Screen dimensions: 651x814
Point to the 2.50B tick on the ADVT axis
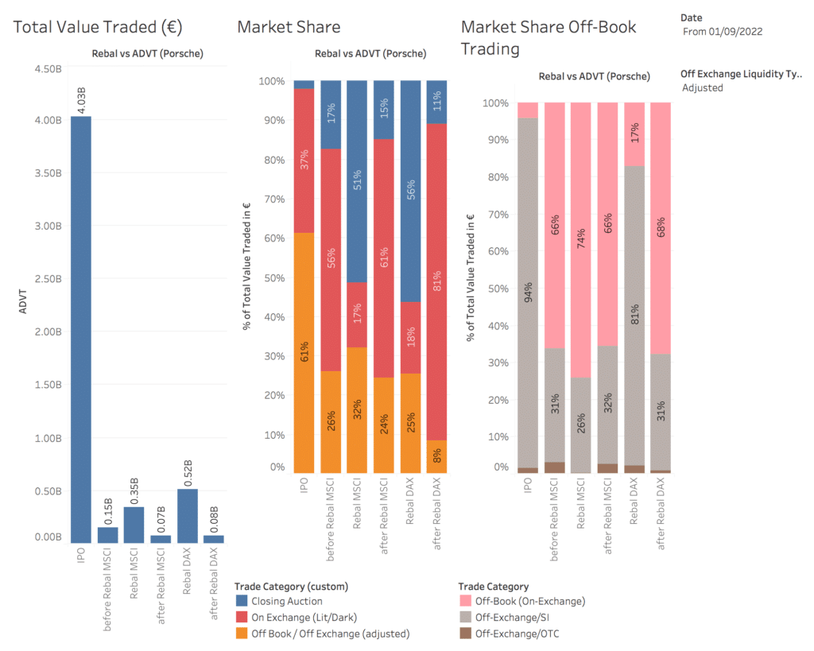tap(46, 279)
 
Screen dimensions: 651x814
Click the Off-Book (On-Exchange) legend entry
tap(529, 602)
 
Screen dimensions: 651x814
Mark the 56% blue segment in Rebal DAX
tap(411, 191)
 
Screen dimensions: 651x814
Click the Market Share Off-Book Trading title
tap(548, 37)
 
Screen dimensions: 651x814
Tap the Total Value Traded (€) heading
tap(98, 27)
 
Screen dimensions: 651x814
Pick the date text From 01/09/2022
tap(723, 32)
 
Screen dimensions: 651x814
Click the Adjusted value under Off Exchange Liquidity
tap(703, 87)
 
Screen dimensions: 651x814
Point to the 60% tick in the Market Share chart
tap(273, 238)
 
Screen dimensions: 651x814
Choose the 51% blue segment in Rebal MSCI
tap(358, 181)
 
